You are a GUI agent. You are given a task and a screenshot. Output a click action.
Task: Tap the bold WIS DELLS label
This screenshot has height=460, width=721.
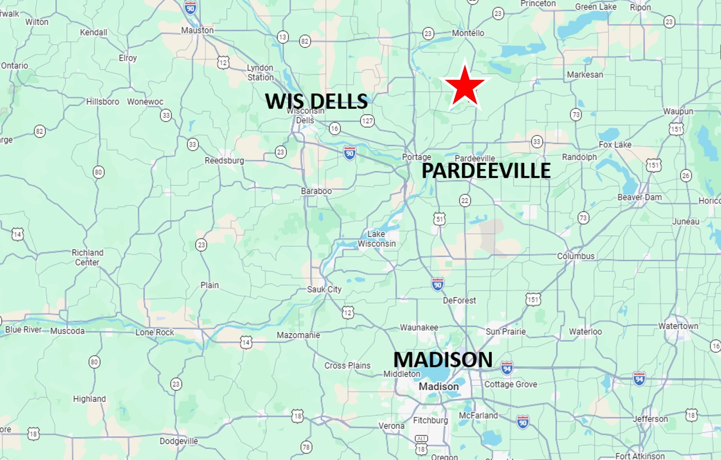click(x=316, y=101)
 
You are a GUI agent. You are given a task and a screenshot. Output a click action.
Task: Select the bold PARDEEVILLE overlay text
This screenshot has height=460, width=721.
click(x=486, y=171)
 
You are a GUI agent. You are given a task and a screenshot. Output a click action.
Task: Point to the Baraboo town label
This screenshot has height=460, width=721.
click(x=316, y=191)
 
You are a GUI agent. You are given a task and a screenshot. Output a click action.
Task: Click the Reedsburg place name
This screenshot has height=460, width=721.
click(x=224, y=161)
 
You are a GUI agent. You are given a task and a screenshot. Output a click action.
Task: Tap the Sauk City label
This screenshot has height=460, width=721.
click(x=324, y=289)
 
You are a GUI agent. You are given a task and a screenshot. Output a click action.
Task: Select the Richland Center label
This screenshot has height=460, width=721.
click(x=87, y=257)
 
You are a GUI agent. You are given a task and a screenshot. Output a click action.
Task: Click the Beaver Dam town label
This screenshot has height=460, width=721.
click(x=639, y=197)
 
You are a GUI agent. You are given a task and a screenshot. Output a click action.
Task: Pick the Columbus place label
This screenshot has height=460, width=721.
click(x=575, y=256)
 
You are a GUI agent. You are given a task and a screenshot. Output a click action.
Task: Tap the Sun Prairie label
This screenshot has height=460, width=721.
click(x=505, y=332)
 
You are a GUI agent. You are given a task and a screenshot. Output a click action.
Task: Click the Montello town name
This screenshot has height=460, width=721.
click(x=468, y=33)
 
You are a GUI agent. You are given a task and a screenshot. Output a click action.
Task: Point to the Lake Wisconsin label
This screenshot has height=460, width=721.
click(x=376, y=239)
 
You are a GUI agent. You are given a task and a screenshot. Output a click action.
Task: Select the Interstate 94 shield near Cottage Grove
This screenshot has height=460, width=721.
click(x=507, y=368)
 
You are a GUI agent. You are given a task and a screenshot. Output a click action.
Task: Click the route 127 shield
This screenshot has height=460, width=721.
click(x=367, y=121)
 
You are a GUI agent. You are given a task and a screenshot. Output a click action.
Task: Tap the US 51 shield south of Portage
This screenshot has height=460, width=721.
click(x=439, y=219)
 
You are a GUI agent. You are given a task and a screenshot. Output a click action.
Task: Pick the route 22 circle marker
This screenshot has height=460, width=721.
click(x=465, y=200)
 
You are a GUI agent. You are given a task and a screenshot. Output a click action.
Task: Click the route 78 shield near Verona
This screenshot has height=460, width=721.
click(x=306, y=447)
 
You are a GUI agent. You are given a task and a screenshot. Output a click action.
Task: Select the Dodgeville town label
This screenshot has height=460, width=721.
click(x=179, y=441)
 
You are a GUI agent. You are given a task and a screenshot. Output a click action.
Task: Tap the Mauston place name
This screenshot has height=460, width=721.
click(x=197, y=30)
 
